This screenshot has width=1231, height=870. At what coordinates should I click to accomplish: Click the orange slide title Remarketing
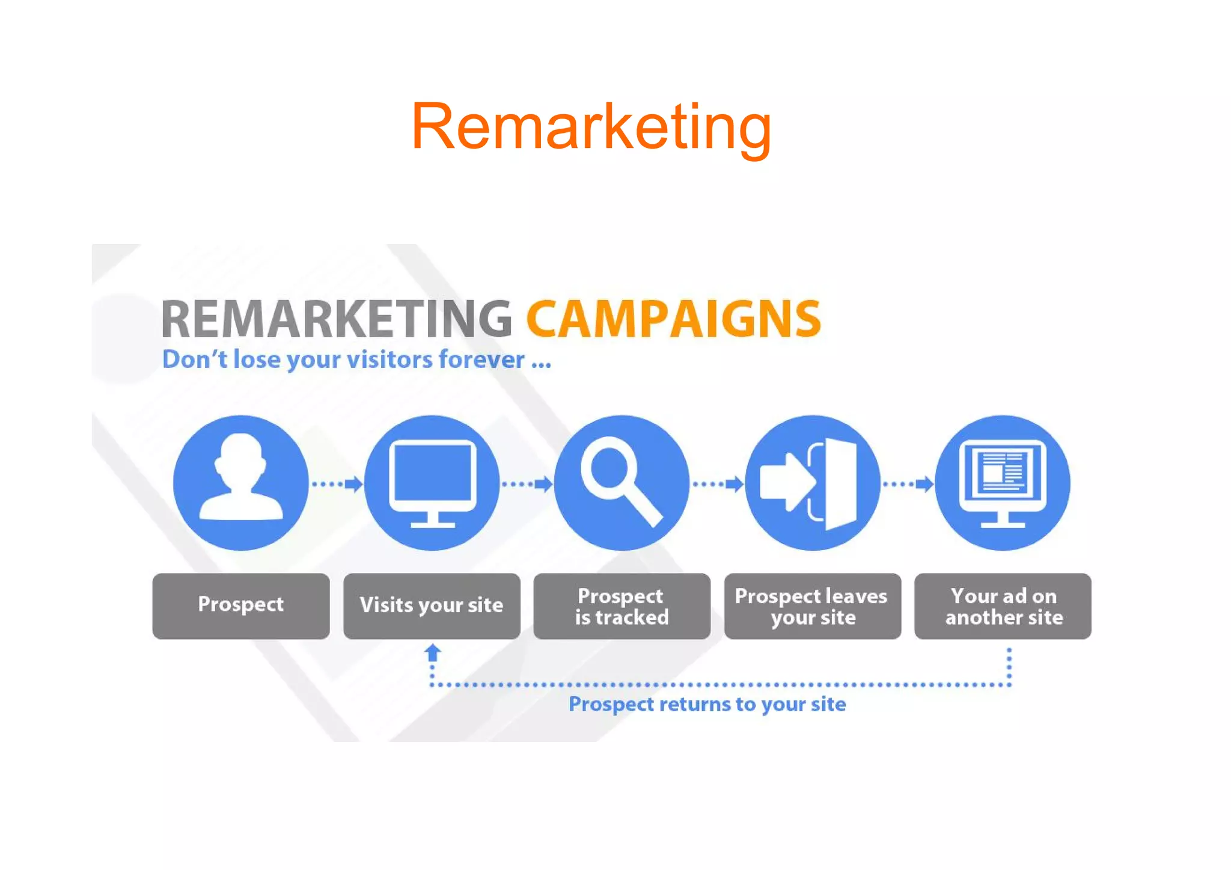pyautogui.click(x=591, y=127)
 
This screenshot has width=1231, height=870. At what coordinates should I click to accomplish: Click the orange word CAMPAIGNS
pyautogui.click(x=673, y=319)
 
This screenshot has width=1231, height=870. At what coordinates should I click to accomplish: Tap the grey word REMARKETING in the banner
pyautogui.click(x=337, y=319)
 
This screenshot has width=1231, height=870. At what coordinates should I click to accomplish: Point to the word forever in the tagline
pyautogui.click(x=481, y=360)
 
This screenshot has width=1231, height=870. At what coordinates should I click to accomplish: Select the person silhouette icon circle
pyautogui.click(x=240, y=483)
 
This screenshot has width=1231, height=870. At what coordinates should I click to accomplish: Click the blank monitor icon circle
pyautogui.click(x=432, y=483)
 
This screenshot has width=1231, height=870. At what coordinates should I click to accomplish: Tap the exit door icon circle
pyautogui.click(x=812, y=483)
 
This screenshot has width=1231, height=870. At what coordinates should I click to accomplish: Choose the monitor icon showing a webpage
pyautogui.click(x=1003, y=483)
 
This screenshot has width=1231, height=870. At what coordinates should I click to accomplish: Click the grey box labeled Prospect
pyautogui.click(x=240, y=605)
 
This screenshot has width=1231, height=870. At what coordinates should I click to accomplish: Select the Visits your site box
pyautogui.click(x=432, y=605)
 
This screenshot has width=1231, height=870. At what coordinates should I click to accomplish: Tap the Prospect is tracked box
pyautogui.click(x=622, y=605)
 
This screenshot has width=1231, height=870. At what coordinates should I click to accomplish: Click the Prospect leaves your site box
pyautogui.click(x=812, y=605)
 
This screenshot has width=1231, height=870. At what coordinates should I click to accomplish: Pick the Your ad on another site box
pyautogui.click(x=1003, y=605)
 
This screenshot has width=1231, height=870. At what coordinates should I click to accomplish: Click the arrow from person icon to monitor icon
pyautogui.click(x=338, y=483)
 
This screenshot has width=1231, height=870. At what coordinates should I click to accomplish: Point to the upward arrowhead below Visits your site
pyautogui.click(x=432, y=652)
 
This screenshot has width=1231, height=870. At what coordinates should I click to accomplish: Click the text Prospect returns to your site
pyautogui.click(x=707, y=704)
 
